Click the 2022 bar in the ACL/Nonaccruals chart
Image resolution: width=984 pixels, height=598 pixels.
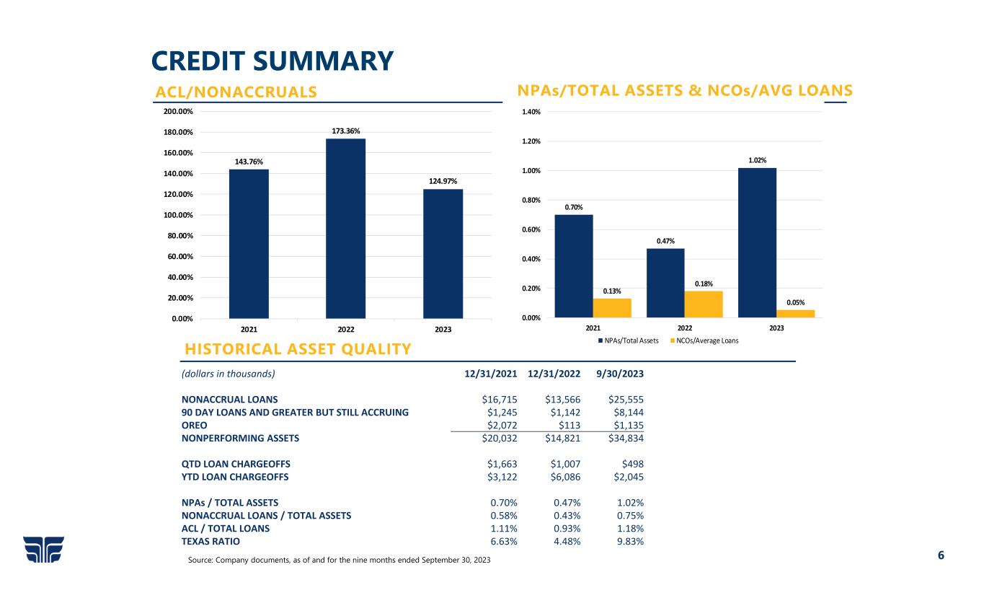346,228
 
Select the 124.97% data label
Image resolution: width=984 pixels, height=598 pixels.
443,181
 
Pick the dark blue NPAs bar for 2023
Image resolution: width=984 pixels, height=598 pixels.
757,243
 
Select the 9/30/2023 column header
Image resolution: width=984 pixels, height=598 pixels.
621,374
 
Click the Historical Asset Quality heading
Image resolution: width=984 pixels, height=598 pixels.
298,350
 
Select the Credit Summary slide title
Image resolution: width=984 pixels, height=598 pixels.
272,61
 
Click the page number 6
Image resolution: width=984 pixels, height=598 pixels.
940,555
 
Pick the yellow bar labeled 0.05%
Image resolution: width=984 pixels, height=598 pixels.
795,314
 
